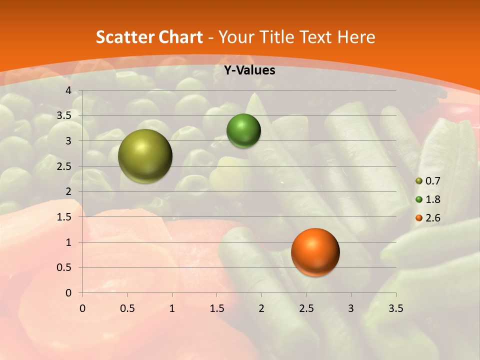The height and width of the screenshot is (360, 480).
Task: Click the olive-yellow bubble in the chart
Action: click(145, 156)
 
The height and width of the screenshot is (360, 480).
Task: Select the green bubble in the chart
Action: click(243, 131)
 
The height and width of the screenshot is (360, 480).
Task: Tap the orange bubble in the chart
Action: click(315, 252)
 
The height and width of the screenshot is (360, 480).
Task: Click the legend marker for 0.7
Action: click(419, 181)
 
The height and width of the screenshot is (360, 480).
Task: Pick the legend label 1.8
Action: click(433, 199)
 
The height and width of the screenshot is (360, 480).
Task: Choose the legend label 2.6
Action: click(433, 218)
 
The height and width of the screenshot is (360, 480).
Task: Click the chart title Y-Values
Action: click(249, 70)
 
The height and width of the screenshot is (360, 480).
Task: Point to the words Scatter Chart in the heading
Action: click(149, 37)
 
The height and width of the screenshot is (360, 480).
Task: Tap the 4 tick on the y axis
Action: click(68, 90)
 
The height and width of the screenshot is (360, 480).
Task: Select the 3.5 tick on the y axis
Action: click(64, 115)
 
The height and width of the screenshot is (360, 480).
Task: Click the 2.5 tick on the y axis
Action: click(64, 166)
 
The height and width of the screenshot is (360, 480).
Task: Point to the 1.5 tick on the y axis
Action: click(64, 217)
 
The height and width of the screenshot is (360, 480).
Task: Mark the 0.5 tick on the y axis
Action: click(64, 267)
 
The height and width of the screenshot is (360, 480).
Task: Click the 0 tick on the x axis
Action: click(82, 308)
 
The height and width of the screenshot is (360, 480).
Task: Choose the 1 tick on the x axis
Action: click(172, 308)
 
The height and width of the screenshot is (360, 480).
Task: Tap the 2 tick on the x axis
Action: click(261, 308)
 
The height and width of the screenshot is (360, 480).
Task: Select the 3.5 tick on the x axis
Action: click(395, 308)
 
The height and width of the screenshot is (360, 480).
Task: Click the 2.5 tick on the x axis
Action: click(306, 308)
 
